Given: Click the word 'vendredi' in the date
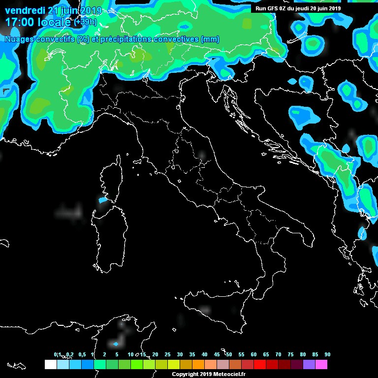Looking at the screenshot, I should pyautogui.click(x=23, y=11).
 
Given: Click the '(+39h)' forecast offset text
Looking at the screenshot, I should pyautogui.click(x=85, y=22).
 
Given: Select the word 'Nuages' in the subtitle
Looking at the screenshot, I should pyautogui.click(x=18, y=39).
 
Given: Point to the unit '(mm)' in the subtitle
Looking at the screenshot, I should pyautogui.click(x=210, y=39).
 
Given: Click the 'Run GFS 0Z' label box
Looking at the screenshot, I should pyautogui.click(x=298, y=8).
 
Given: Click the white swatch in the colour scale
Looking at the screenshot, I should pyautogui.click(x=50, y=364).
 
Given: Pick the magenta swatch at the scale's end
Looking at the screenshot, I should pyautogui.click(x=321, y=364).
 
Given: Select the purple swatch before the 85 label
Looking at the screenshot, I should pyautogui.click(x=309, y=364).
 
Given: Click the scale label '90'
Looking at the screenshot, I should pyautogui.click(x=327, y=354).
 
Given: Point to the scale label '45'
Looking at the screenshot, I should pyautogui.click(x=217, y=354).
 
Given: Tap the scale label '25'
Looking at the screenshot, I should pyautogui.click(x=167, y=354).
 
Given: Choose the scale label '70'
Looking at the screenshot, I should pyautogui.click(x=278, y=354).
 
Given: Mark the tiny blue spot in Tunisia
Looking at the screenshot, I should pyautogui.click(x=116, y=344).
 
